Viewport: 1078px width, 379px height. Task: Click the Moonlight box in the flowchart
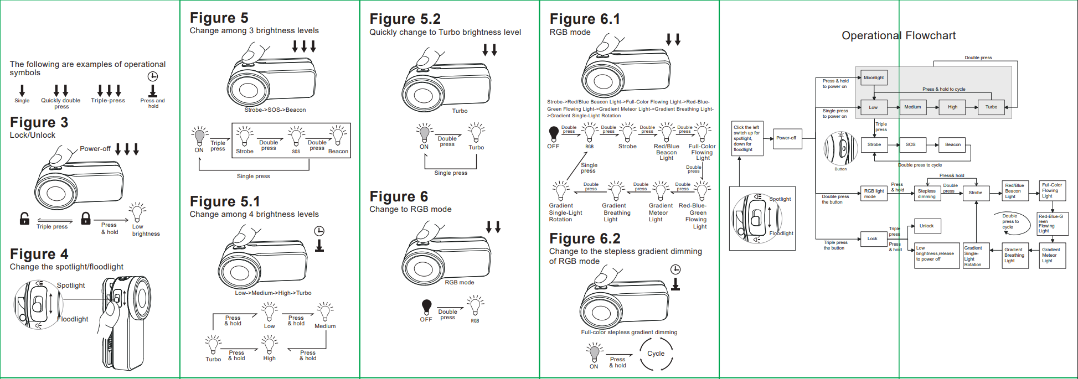[x=874, y=77]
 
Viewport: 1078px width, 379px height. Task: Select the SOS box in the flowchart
[x=911, y=144]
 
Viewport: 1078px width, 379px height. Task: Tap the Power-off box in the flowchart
[x=786, y=138]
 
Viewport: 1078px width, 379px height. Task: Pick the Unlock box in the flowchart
[x=927, y=226]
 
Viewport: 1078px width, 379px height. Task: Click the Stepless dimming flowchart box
[x=927, y=194]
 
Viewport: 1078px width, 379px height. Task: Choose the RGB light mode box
[x=874, y=194]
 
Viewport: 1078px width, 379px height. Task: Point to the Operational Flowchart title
[x=899, y=36]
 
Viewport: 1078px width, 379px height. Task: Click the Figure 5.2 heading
[x=405, y=19]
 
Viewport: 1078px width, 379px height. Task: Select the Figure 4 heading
[x=39, y=254]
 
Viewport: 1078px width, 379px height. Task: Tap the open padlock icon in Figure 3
[x=24, y=219]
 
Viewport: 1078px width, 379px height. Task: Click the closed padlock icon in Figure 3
[x=86, y=219]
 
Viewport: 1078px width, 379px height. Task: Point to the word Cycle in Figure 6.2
[x=656, y=354]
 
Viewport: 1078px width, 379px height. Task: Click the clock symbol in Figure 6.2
[x=675, y=269]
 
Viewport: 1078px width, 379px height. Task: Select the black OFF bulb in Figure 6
[x=426, y=307]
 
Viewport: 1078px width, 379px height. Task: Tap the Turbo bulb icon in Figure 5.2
[x=476, y=133]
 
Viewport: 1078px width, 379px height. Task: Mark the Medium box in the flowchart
[x=913, y=107]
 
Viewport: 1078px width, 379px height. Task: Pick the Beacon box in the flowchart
[x=953, y=144]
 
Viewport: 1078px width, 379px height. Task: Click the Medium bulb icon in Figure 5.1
[x=325, y=311]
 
